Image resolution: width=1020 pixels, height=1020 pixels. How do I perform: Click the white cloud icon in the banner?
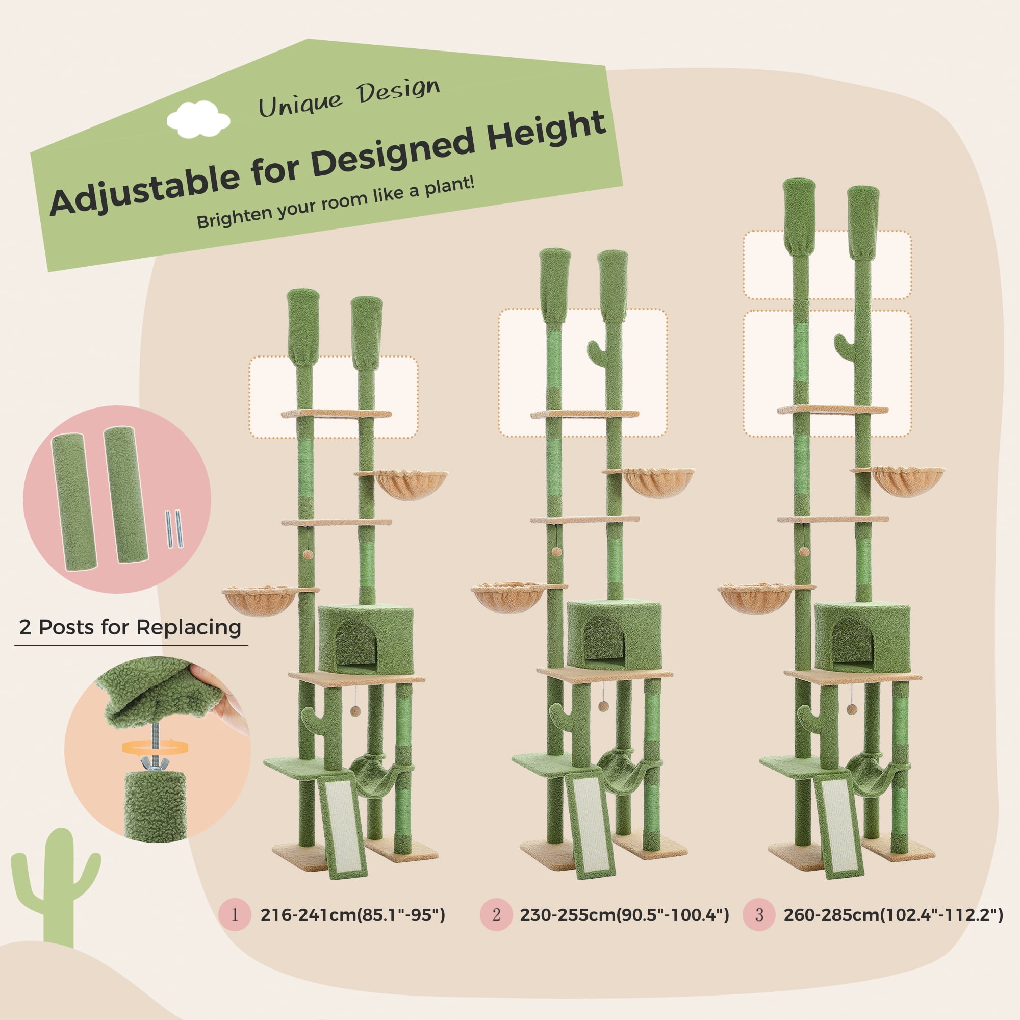coord(198,119)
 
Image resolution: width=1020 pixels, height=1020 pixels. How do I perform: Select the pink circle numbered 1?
coord(235,914)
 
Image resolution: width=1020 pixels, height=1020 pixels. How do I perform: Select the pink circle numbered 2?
coord(496,914)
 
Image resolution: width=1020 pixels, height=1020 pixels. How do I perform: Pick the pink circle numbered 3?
coord(759,914)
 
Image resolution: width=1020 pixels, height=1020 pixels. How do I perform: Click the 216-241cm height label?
coord(353,915)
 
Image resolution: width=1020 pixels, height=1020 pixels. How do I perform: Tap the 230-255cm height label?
coord(624,915)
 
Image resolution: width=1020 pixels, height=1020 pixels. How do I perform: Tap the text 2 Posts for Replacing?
coord(130,627)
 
